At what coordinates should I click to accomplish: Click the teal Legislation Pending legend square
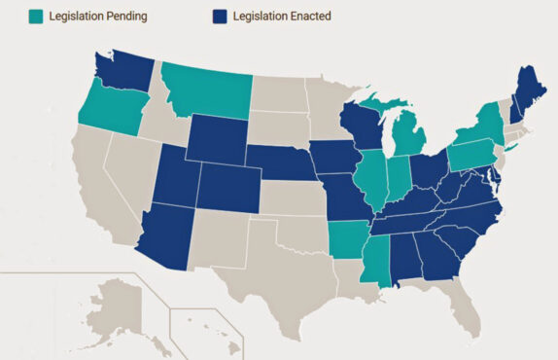point(36,17)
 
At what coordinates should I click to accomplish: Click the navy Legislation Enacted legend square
point(220,17)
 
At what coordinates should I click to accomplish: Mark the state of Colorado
point(229,188)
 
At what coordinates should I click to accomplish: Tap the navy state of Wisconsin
point(365,126)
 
